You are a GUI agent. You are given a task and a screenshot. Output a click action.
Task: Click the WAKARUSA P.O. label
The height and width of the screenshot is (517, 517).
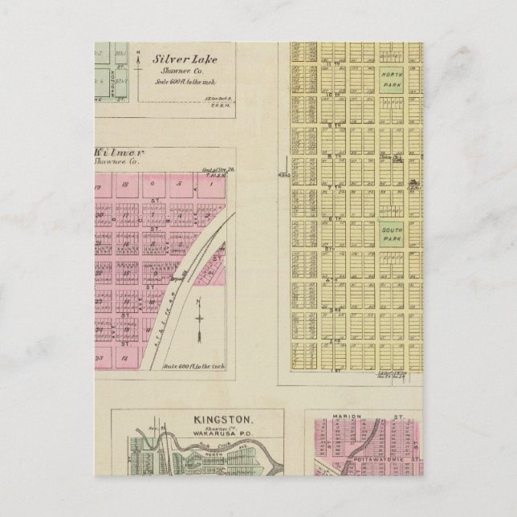click(197, 438)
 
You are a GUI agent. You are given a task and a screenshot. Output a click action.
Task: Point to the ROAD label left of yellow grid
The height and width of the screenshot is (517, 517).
click(283, 174)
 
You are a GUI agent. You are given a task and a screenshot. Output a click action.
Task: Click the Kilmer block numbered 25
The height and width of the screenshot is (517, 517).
click(100, 355)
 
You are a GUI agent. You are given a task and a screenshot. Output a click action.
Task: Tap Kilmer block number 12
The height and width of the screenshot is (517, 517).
click(127, 355)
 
